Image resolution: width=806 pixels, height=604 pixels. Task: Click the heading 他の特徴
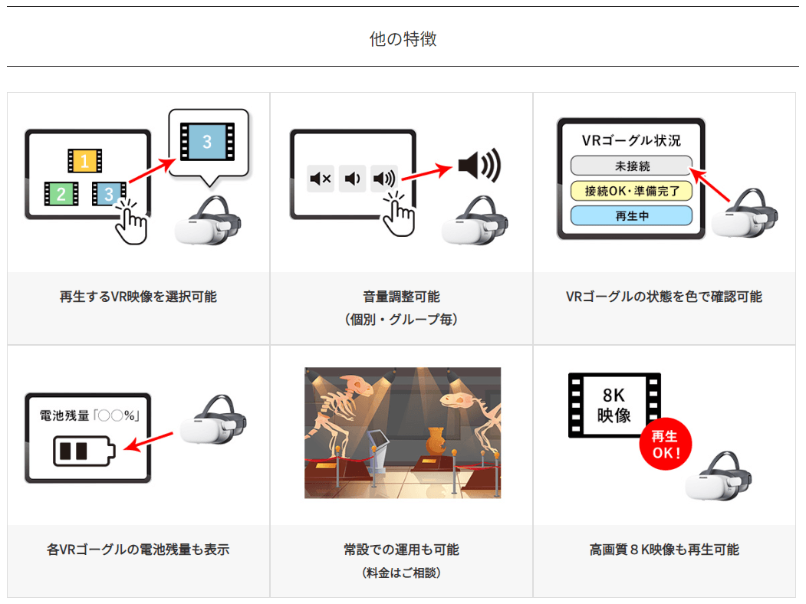tap(403, 39)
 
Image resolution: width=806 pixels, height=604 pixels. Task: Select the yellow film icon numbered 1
tap(84, 160)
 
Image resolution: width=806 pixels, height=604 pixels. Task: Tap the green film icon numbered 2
tap(60, 193)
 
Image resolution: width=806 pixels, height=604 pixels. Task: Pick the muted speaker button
tap(320, 179)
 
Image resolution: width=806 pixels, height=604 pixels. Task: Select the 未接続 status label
tap(631, 166)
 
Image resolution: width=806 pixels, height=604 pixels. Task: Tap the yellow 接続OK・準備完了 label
tap(631, 190)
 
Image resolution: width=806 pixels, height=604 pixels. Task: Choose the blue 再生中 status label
tap(631, 215)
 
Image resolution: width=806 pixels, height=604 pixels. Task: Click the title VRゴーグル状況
tap(631, 140)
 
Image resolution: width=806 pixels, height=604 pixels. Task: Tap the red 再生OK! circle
tap(665, 445)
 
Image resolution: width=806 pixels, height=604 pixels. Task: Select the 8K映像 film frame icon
tap(614, 405)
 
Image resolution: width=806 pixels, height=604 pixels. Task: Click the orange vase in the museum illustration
tap(436, 443)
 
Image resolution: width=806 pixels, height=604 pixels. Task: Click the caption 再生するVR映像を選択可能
tap(138, 296)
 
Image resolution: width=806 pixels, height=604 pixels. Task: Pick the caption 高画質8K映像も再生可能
tap(664, 549)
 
